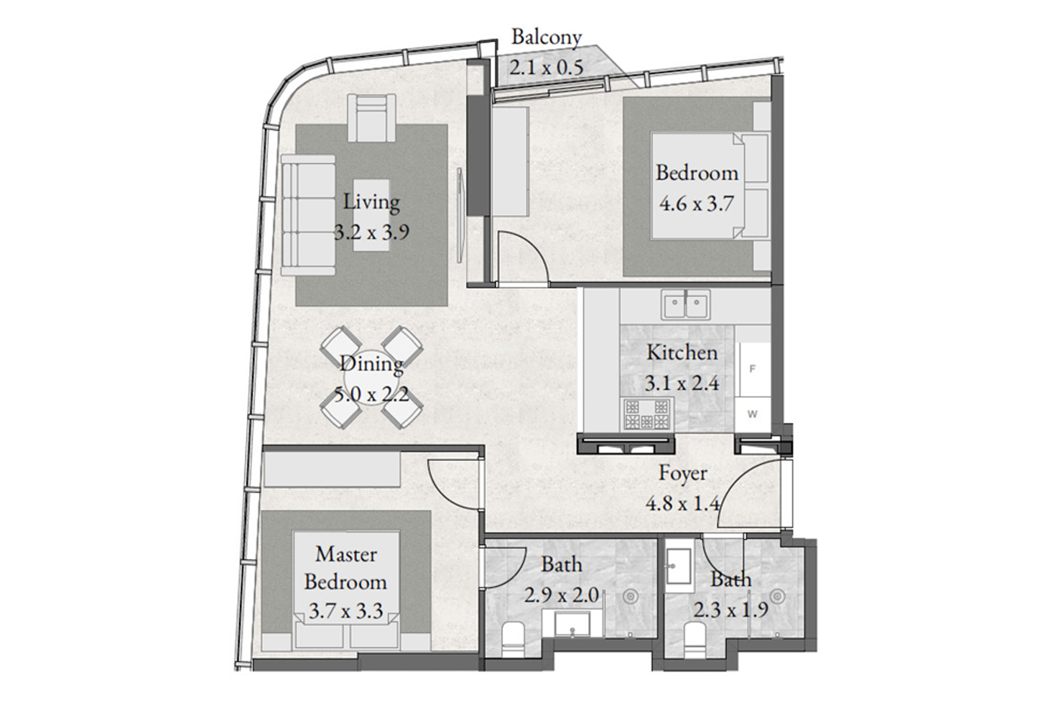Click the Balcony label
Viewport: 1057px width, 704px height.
click(x=547, y=37)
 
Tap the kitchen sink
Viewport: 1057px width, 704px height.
click(x=686, y=305)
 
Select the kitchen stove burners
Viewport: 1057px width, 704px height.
click(x=647, y=414)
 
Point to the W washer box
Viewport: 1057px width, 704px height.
click(x=753, y=414)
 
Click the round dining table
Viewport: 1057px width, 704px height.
click(x=371, y=378)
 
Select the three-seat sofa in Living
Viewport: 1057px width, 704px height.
click(x=309, y=216)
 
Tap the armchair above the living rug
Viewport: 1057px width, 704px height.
click(x=371, y=118)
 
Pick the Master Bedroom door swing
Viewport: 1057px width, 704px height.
click(x=454, y=486)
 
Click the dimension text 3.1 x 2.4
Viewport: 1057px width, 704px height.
click(x=682, y=383)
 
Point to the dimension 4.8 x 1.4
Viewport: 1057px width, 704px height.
click(x=683, y=503)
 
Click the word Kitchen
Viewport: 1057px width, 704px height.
click(x=682, y=352)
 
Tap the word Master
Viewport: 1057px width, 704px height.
click(x=346, y=554)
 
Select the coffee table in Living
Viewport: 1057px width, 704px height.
click(x=371, y=214)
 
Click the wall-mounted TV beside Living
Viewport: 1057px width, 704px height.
click(x=460, y=215)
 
